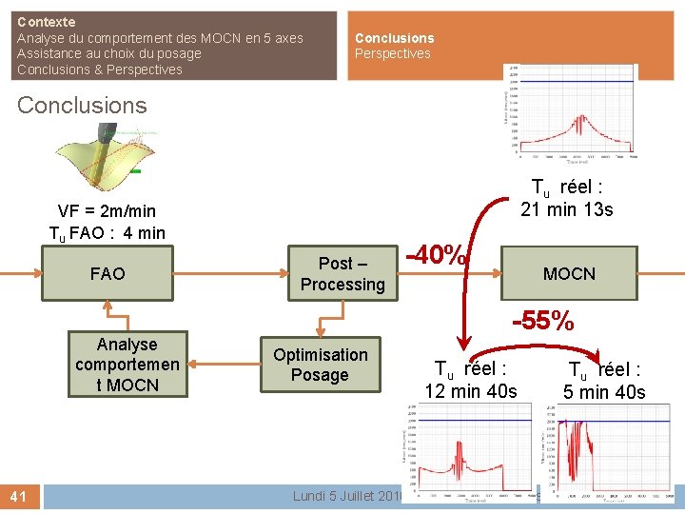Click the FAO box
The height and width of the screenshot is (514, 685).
[108, 274]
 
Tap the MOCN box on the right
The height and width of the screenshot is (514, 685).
[569, 274]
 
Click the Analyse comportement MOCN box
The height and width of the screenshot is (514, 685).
[127, 365]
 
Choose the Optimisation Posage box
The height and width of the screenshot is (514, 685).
[320, 365]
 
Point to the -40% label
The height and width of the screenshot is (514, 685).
[438, 257]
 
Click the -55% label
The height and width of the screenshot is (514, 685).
[543, 322]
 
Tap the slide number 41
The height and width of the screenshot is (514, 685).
[20, 496]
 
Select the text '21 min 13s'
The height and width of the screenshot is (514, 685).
[567, 209]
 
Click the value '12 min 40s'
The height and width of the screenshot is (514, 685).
[471, 391]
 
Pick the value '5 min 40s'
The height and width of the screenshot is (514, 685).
[604, 392]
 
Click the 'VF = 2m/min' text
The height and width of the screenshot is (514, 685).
[107, 211]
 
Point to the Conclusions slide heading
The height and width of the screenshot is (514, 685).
[82, 106]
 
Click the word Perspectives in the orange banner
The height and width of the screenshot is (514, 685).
[393, 54]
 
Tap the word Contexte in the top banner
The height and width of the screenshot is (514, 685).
[47, 21]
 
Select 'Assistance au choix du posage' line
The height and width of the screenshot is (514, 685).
[109, 53]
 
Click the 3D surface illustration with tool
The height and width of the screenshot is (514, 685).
[101, 162]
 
